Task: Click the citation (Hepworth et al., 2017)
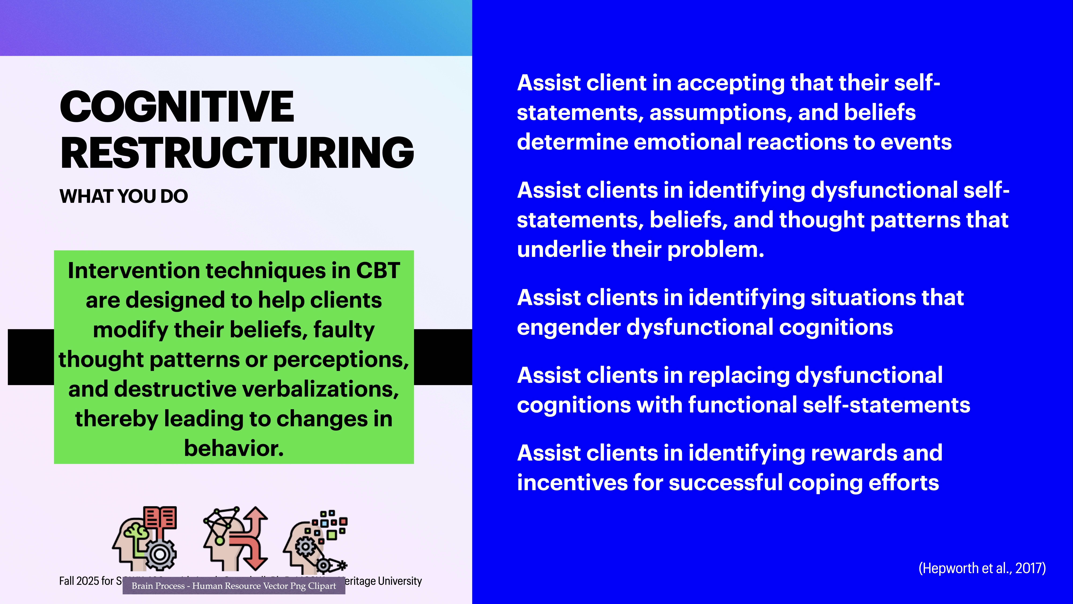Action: click(x=982, y=568)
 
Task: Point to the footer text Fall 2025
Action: click(x=86, y=581)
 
